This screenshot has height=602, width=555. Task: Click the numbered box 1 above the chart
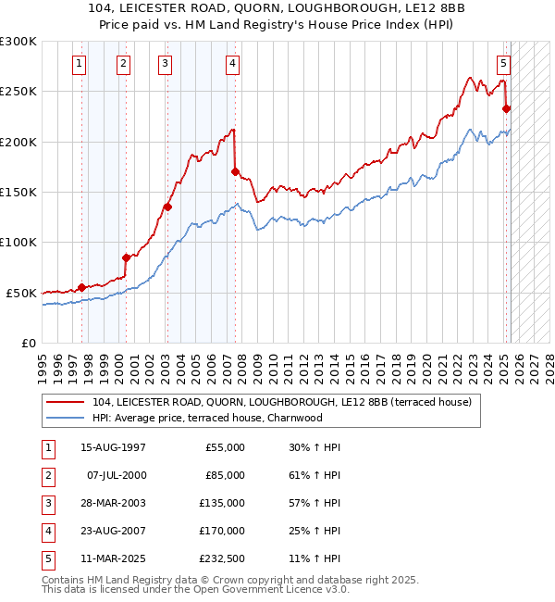(80, 64)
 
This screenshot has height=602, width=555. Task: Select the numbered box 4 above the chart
(232, 64)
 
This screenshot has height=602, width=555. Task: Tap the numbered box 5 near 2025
(503, 64)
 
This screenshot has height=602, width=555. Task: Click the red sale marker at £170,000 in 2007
(236, 171)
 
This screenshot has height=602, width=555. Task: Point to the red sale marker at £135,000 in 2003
(167, 207)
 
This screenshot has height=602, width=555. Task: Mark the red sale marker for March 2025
(506, 108)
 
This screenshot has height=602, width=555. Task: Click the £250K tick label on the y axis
(18, 92)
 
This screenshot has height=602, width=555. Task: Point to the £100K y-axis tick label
(18, 242)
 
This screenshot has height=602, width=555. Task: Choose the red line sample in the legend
(66, 402)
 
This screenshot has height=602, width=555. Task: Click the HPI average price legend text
(207, 418)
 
